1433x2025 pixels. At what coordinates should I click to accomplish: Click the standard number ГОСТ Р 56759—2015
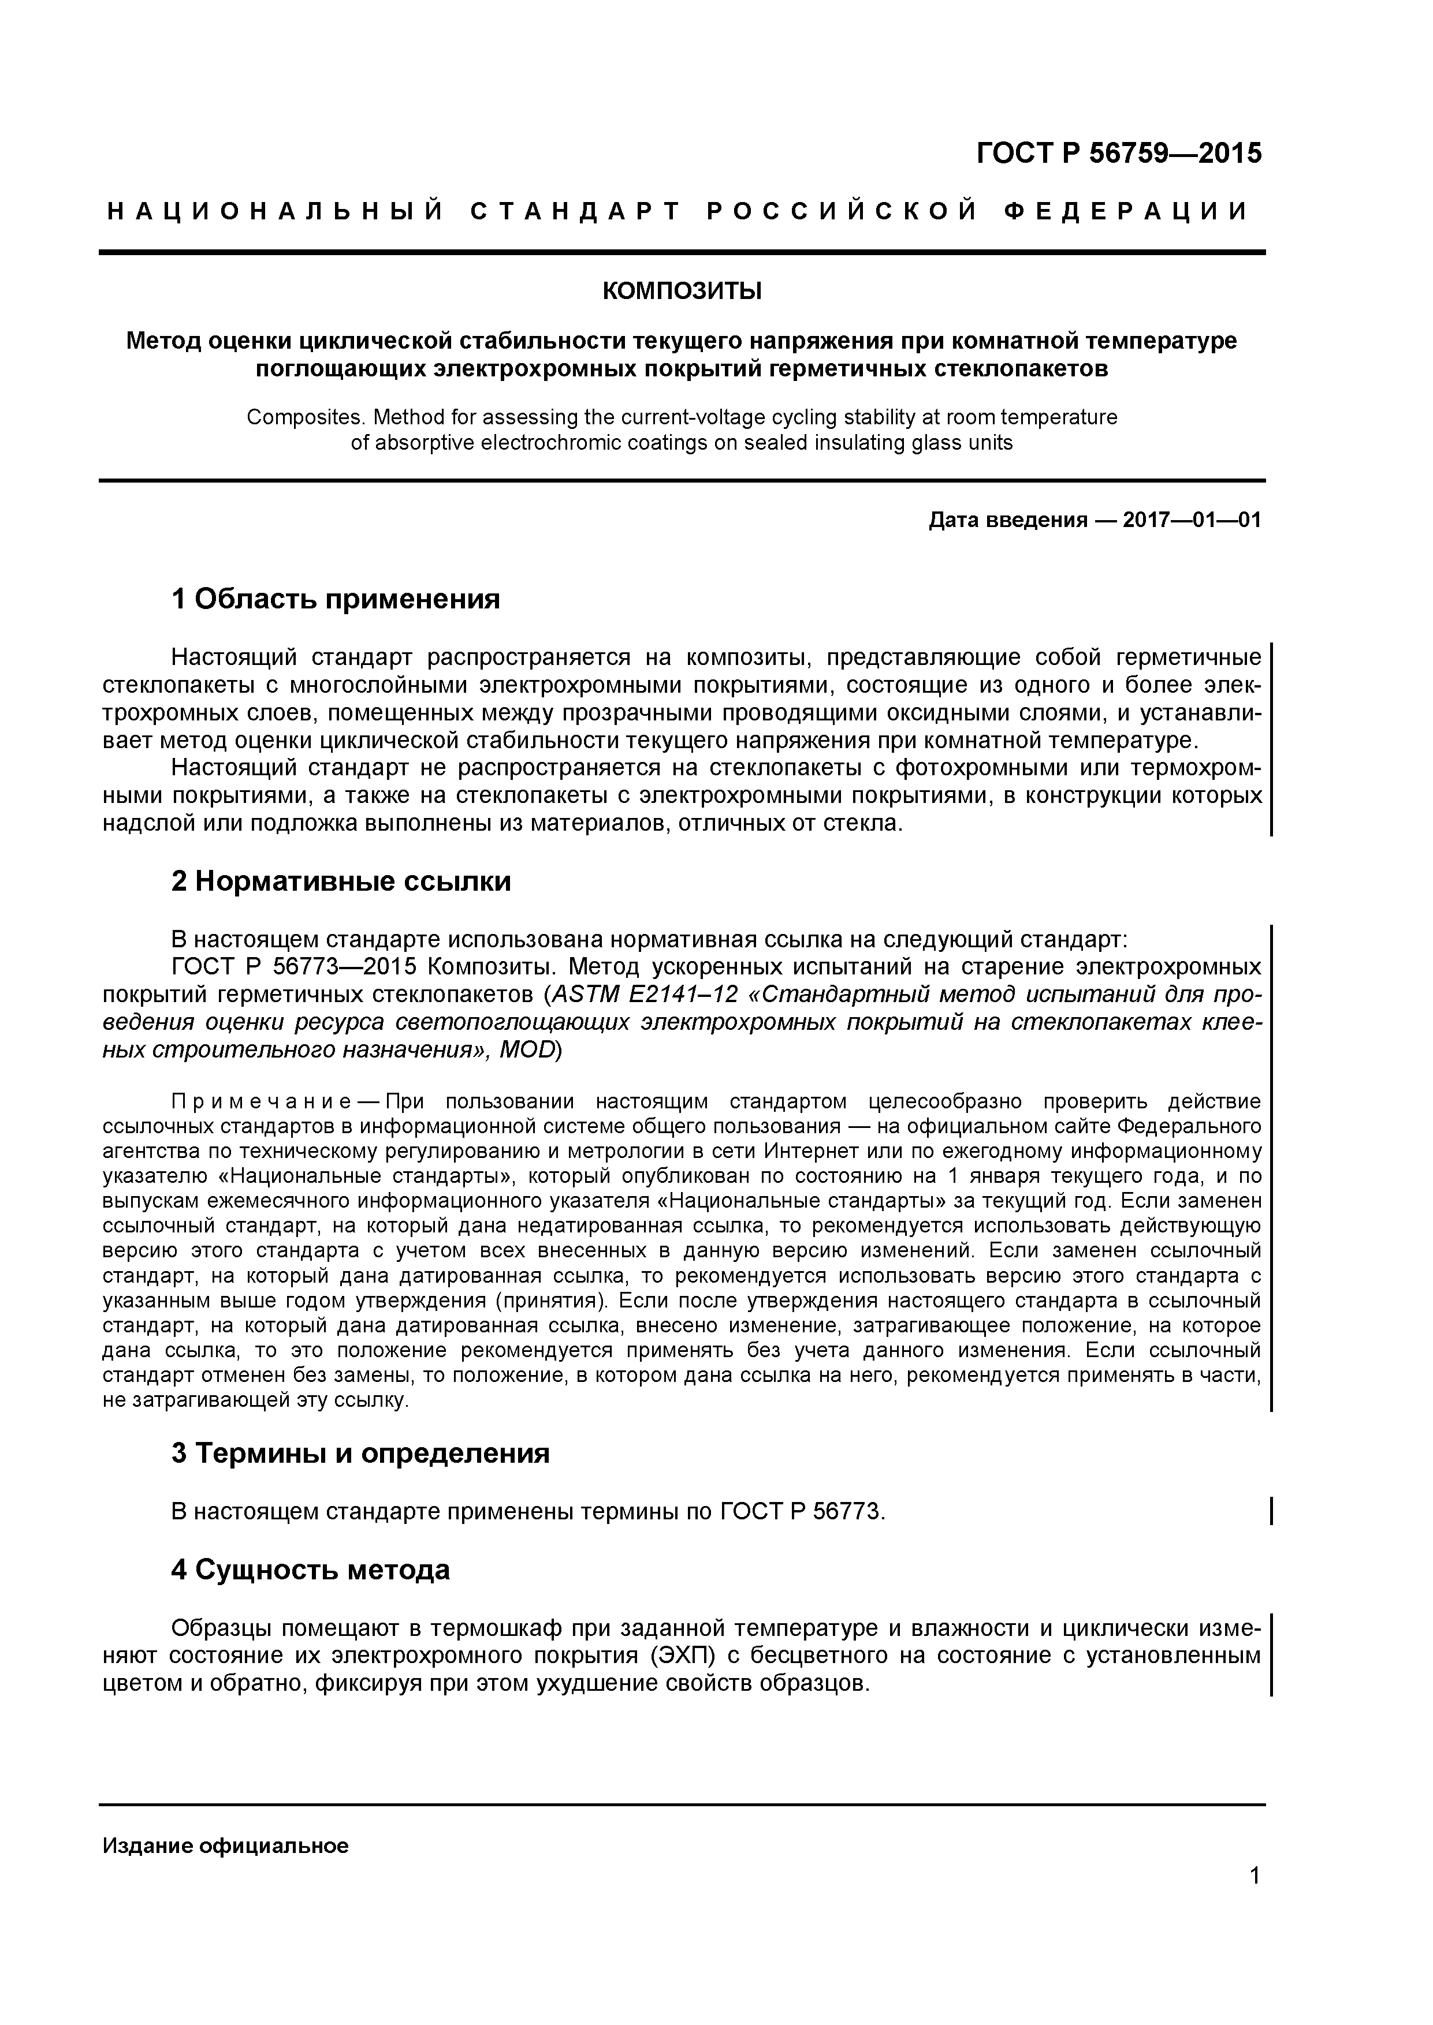click(x=1118, y=154)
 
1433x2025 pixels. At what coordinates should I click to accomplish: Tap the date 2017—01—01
click(x=1191, y=520)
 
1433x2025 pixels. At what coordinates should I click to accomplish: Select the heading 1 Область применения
click(x=336, y=600)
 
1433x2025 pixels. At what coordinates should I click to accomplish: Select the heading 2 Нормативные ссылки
click(x=341, y=881)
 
